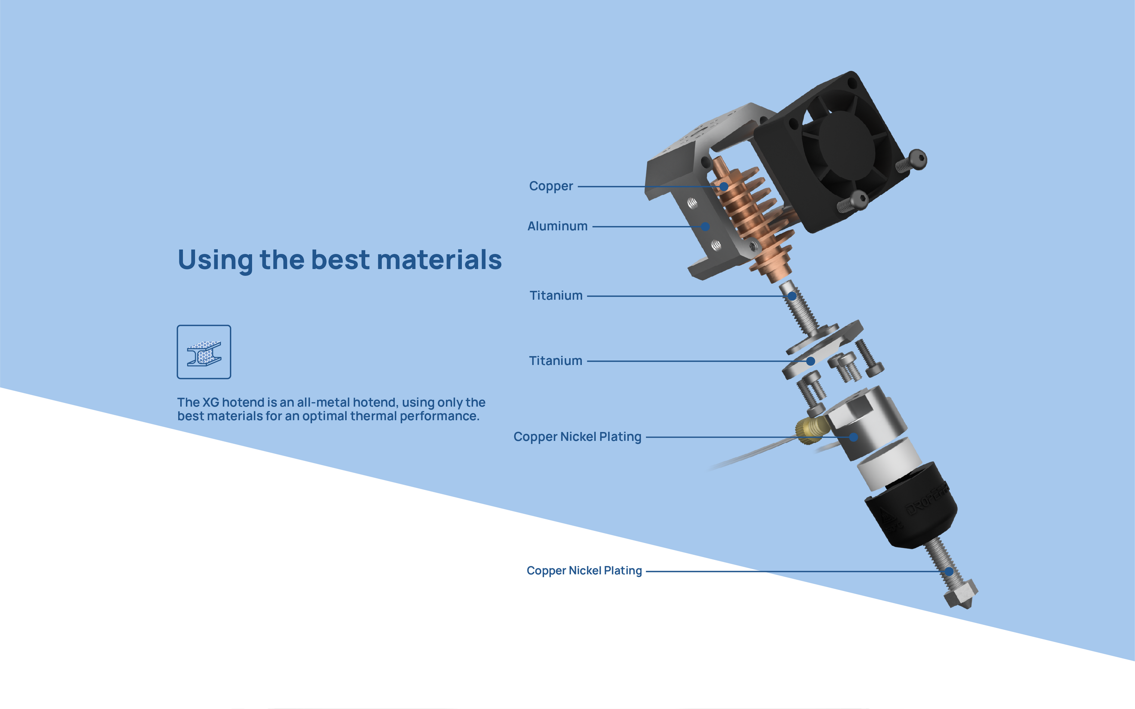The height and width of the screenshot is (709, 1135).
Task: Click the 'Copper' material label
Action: click(x=551, y=186)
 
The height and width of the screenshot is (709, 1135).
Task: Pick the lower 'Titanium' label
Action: click(x=555, y=361)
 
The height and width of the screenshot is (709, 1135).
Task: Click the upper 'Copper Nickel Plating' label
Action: click(x=577, y=437)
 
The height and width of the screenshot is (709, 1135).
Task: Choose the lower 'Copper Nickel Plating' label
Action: click(x=584, y=571)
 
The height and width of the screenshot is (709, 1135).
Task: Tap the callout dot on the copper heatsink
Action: click(x=724, y=187)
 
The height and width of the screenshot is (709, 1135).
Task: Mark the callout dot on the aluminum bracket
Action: click(x=706, y=227)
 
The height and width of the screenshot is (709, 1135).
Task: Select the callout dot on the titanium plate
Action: click(x=810, y=361)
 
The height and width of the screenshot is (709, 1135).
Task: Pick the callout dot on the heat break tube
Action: click(x=792, y=296)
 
